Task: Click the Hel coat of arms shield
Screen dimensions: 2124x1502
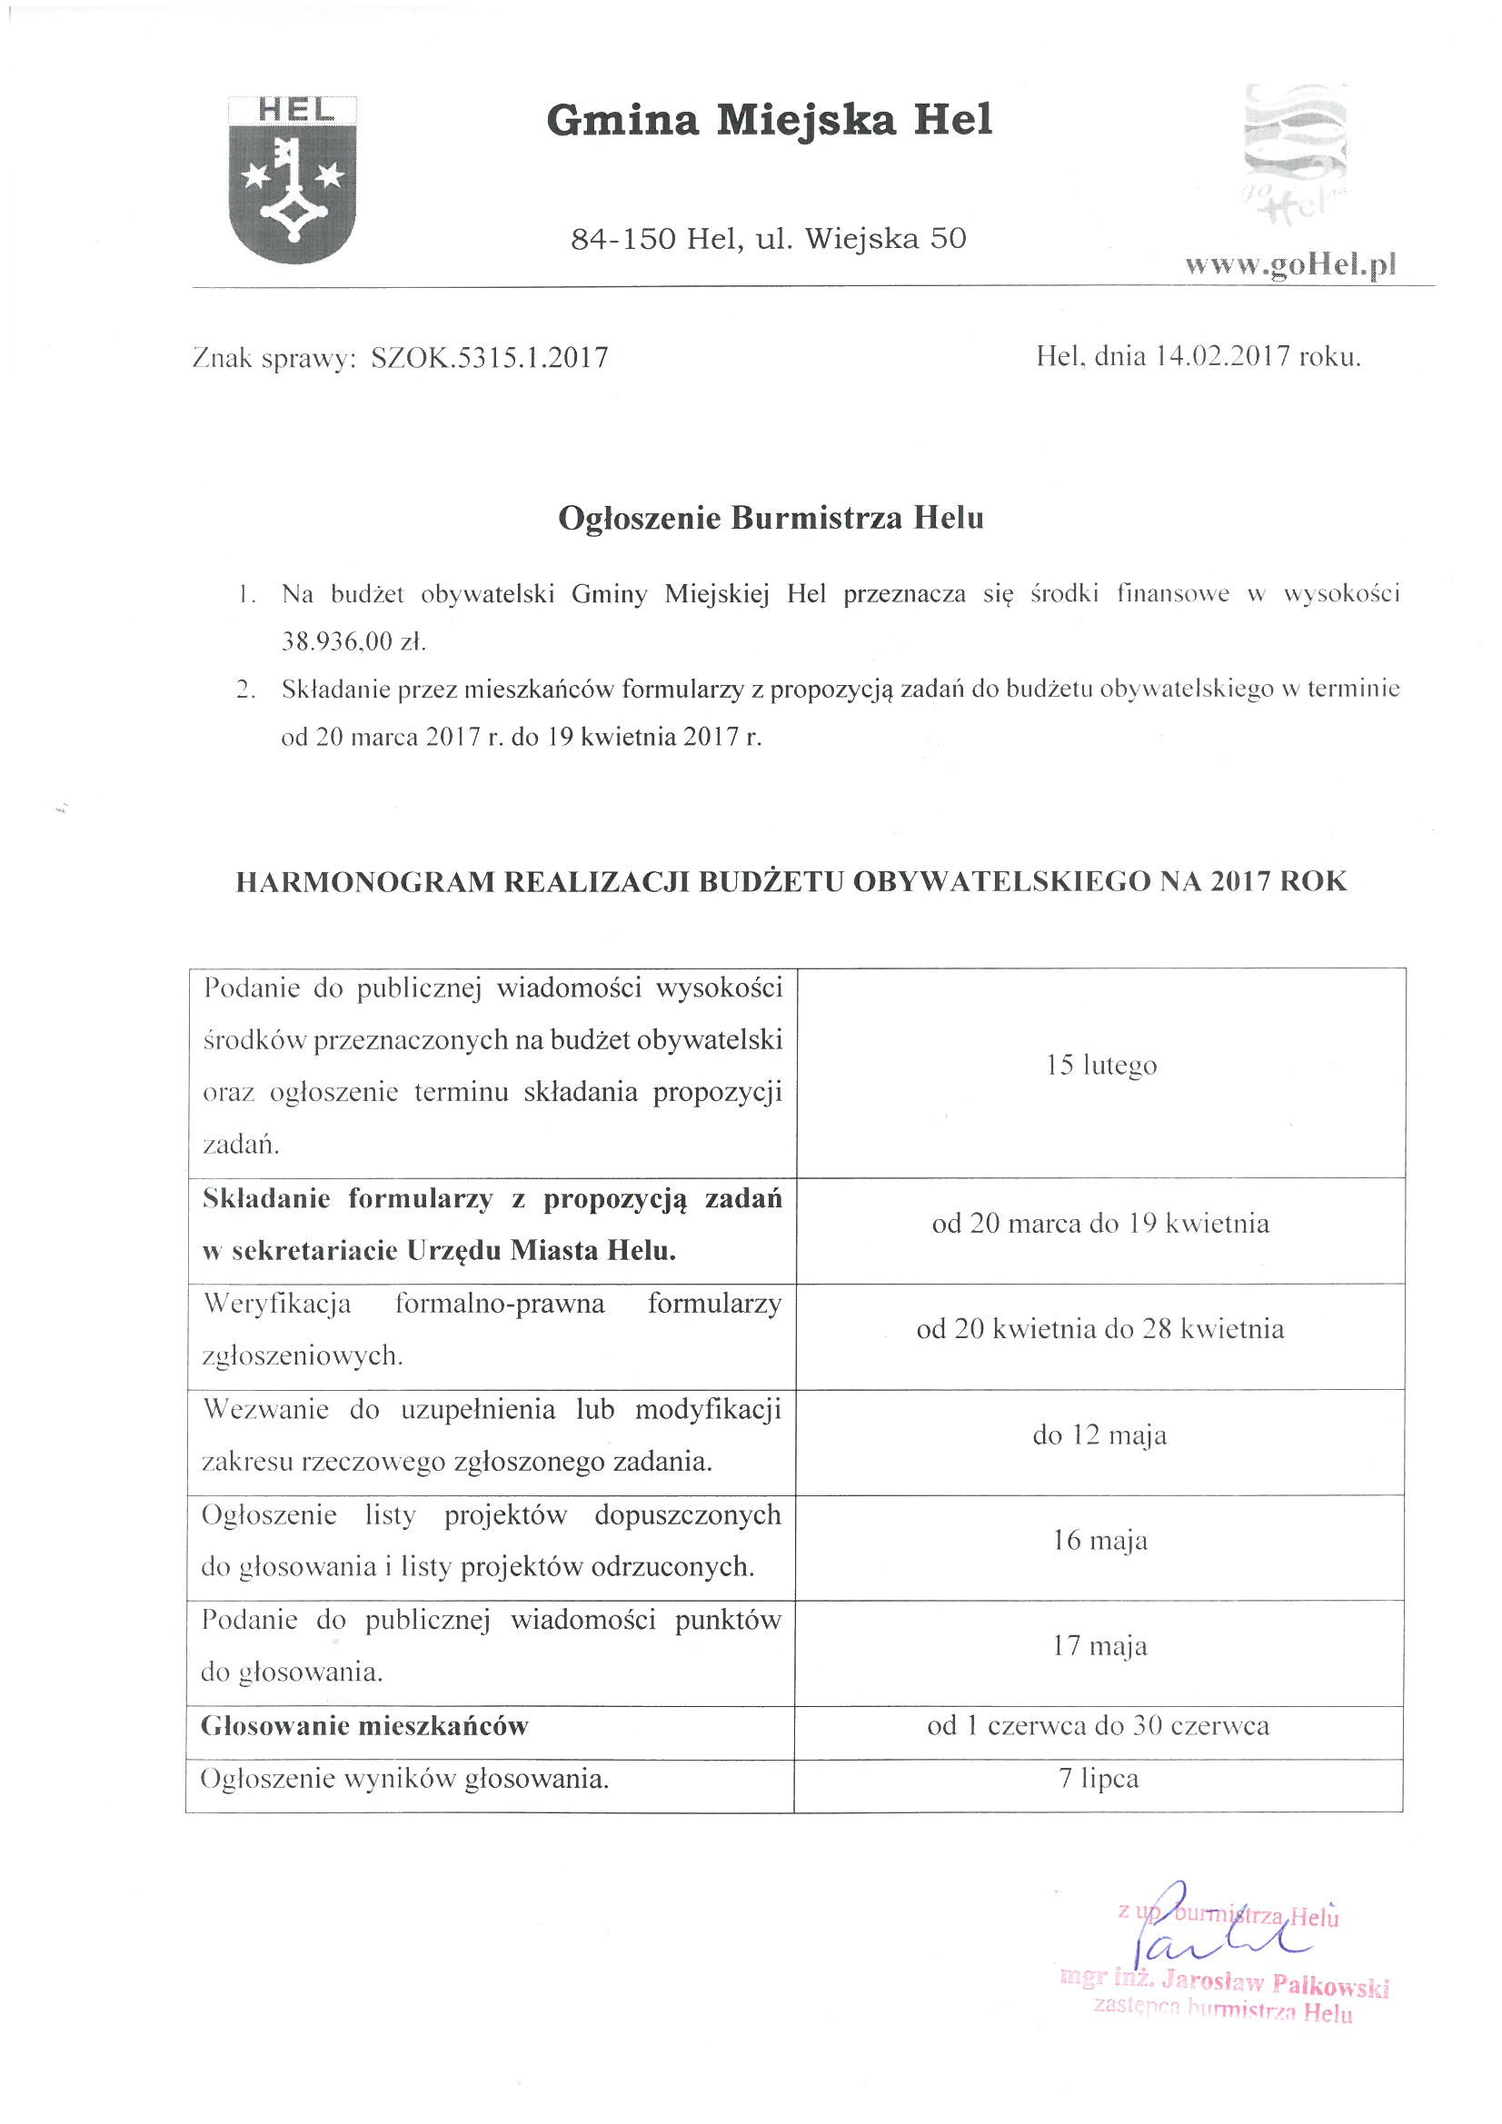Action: point(293,181)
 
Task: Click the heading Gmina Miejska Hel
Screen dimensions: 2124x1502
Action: point(769,121)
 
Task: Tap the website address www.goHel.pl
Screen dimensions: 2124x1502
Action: point(1290,265)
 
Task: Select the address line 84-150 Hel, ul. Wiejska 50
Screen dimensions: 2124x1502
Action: point(768,240)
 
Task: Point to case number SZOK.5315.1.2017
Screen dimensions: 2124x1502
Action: point(490,358)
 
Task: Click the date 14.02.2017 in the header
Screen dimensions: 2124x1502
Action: point(1221,356)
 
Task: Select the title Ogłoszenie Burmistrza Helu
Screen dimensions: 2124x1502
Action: point(770,518)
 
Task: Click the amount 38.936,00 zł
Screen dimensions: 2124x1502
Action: point(353,642)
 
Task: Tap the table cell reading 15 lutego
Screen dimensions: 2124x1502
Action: point(1101,1066)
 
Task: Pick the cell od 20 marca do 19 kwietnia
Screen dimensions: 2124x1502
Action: point(1100,1224)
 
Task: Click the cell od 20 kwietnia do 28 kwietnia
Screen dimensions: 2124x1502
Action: point(1100,1329)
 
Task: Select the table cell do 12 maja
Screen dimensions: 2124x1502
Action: point(1099,1435)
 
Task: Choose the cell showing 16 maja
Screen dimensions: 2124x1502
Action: point(1099,1540)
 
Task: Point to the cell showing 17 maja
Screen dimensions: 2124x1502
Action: point(1099,1646)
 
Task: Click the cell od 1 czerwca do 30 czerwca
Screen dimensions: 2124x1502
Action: point(1099,1725)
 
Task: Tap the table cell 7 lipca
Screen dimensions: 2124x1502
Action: point(1099,1778)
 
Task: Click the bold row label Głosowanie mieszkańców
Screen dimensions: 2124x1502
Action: point(364,1725)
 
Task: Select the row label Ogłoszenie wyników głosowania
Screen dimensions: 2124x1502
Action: point(404,1778)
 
